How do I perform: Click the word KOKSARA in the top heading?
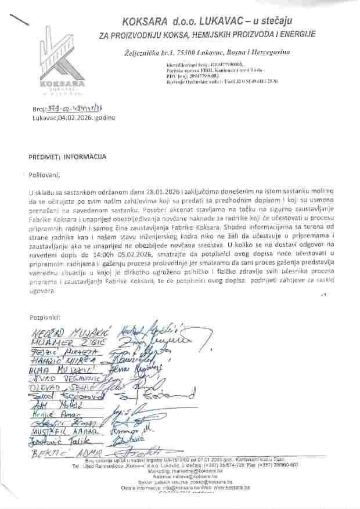[x=147, y=21]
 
